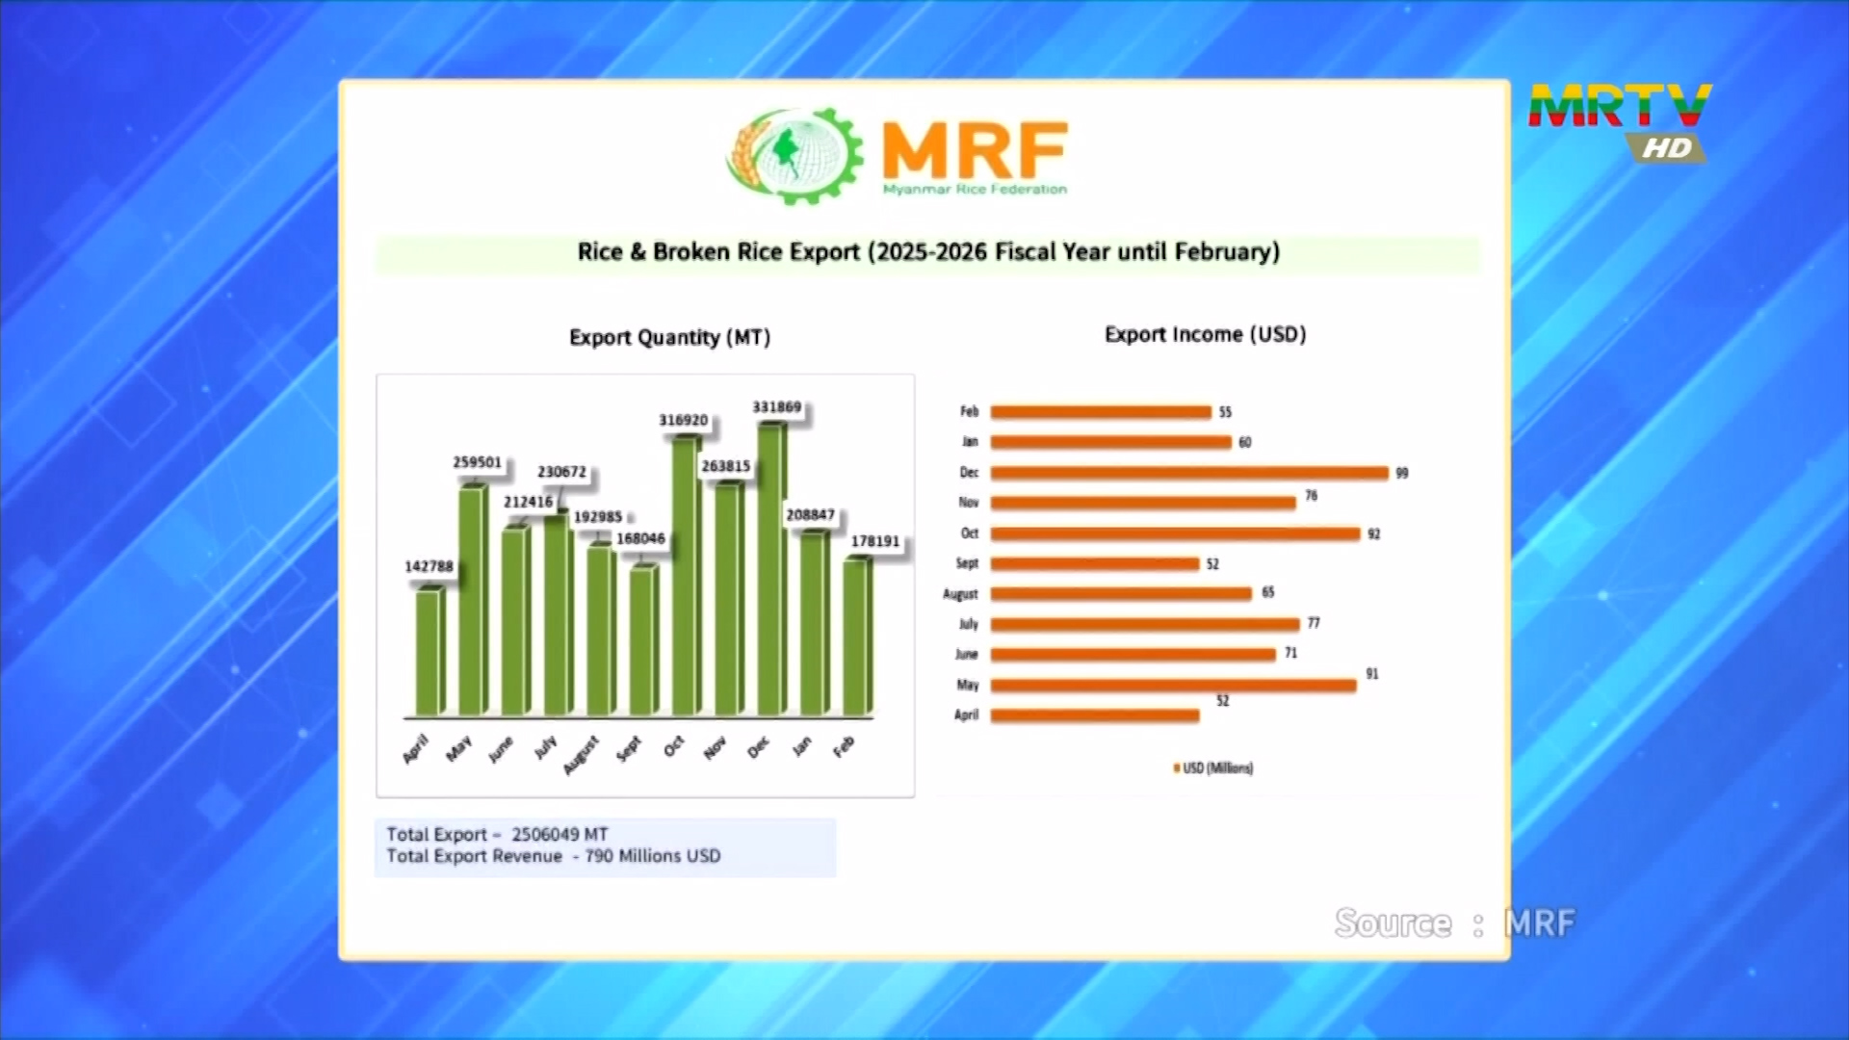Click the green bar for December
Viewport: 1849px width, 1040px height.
click(771, 570)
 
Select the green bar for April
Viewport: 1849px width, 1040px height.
click(430, 652)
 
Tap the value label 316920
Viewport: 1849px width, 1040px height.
click(683, 420)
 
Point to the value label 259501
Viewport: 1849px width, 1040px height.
click(478, 462)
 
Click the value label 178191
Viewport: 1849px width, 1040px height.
click(874, 541)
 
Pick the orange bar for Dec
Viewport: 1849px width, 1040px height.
click(1189, 473)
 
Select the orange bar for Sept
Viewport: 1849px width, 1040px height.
click(1095, 563)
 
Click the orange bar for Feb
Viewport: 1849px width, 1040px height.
click(1101, 412)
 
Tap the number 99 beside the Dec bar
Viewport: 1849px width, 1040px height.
click(1402, 473)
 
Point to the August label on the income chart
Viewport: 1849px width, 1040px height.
click(960, 594)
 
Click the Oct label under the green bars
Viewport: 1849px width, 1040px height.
click(673, 745)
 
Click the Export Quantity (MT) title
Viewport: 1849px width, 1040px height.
click(669, 337)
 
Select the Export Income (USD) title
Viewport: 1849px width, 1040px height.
click(1205, 334)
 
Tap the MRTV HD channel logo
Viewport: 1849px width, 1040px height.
click(1620, 120)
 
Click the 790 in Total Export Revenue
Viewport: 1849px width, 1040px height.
click(599, 856)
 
